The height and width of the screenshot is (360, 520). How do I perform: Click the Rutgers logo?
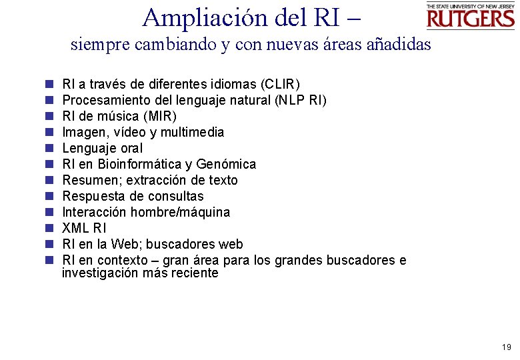pos(470,17)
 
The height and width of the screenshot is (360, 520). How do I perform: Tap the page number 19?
pos(506,347)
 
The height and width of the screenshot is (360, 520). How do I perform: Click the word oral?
pos(130,148)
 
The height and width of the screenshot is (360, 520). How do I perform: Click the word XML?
pos(75,228)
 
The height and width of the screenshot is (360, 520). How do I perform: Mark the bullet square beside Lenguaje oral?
pos(49,148)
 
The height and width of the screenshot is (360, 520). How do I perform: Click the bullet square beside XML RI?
pos(49,228)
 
